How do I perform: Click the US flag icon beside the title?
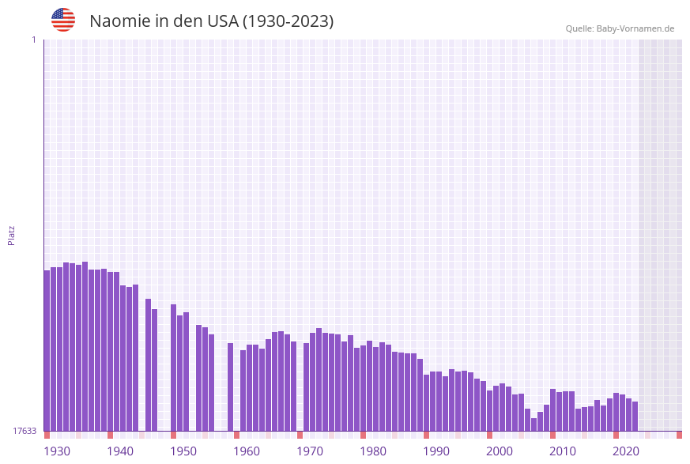point(63,20)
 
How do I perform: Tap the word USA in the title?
point(222,21)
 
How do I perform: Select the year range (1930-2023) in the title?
point(288,21)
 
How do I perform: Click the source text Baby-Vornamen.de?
point(635,28)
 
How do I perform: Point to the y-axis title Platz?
point(12,235)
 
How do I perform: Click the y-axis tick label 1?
point(33,40)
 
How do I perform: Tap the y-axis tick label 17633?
point(24,431)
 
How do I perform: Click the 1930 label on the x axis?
point(57,451)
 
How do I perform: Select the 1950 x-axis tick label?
point(183,451)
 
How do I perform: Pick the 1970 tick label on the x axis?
point(310,451)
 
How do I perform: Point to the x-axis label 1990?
point(436,451)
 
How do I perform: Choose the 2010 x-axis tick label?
point(563,451)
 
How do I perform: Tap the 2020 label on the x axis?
point(626,451)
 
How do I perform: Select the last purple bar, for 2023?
point(635,416)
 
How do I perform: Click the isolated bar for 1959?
point(230,387)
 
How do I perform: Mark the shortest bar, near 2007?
point(534,424)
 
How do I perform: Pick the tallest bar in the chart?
point(85,346)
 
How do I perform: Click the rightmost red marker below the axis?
point(679,435)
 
